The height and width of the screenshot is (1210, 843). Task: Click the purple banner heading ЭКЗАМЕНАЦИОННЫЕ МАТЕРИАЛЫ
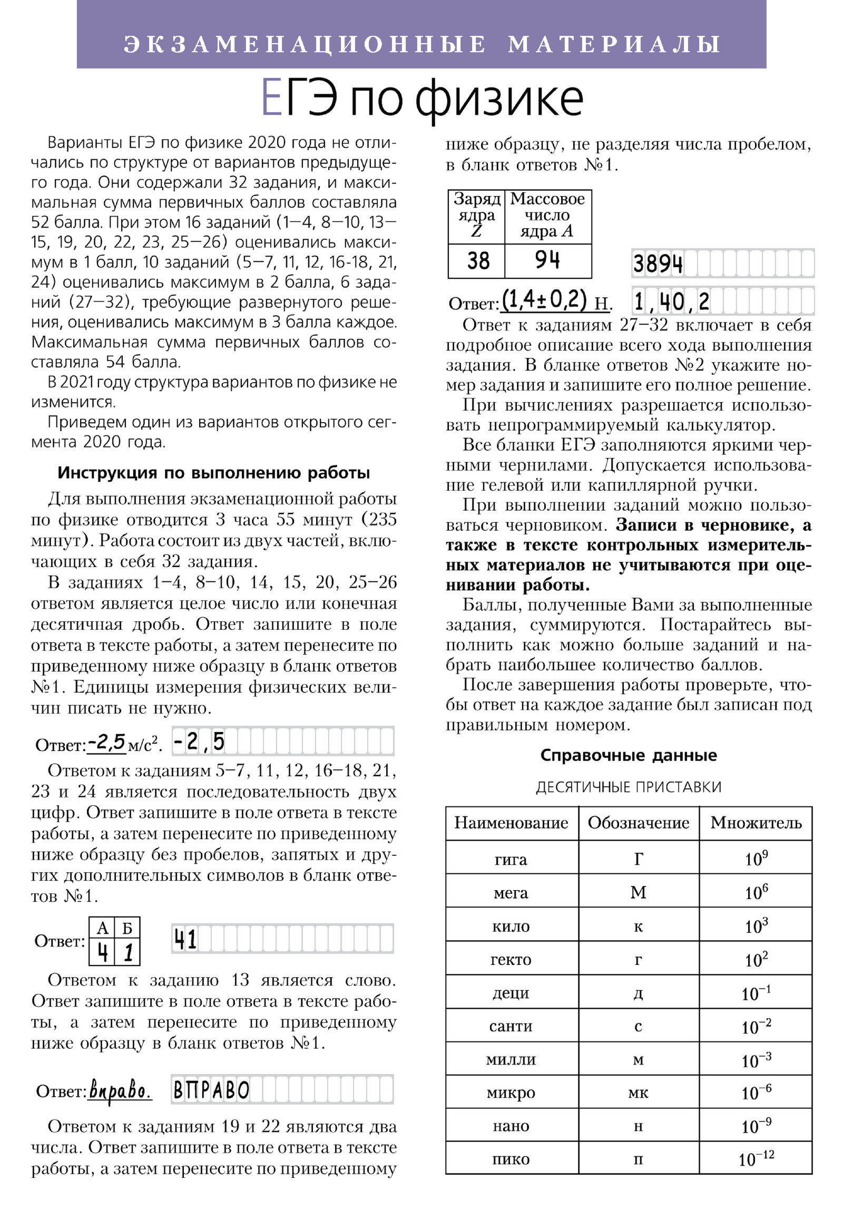(421, 44)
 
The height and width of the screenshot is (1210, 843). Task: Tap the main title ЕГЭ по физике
(421, 100)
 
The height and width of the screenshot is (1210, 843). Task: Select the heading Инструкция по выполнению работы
(213, 473)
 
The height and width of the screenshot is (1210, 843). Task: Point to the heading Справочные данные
(629, 755)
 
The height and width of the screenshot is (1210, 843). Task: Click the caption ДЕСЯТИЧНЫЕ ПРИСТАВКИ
(629, 787)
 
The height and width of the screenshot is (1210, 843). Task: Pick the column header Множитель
(756, 823)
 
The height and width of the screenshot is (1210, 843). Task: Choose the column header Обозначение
(638, 823)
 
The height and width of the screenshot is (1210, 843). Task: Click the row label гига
(511, 860)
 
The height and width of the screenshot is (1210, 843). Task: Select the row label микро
(511, 1092)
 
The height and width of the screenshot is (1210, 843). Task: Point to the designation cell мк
(638, 1092)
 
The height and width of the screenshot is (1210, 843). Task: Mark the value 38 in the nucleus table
(478, 261)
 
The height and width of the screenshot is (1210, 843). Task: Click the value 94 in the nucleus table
(547, 261)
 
